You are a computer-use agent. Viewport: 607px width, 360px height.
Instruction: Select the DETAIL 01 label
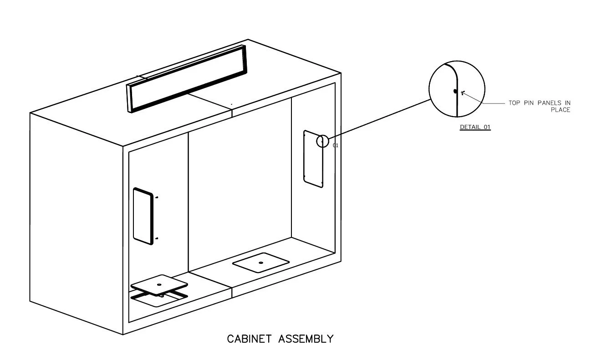point(475,127)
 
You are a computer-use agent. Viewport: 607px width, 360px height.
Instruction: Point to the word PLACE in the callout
point(560,110)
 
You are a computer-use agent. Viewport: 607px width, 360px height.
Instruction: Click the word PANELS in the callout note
point(549,103)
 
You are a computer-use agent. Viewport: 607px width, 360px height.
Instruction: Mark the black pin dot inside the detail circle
point(455,91)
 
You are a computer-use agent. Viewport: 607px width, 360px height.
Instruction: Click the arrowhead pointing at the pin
point(463,93)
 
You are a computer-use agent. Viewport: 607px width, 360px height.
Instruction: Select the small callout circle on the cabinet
point(322,141)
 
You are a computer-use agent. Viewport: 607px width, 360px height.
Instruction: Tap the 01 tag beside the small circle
point(336,145)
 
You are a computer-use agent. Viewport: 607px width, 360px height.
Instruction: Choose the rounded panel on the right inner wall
point(313,159)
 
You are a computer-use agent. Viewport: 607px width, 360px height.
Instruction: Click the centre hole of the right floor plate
point(261,262)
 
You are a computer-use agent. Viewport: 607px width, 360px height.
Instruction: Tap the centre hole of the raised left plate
point(159,285)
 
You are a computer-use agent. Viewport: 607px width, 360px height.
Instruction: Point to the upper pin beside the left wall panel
point(157,198)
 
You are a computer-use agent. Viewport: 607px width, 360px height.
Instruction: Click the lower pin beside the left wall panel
point(157,238)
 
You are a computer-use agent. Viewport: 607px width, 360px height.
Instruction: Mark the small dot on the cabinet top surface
point(232,104)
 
